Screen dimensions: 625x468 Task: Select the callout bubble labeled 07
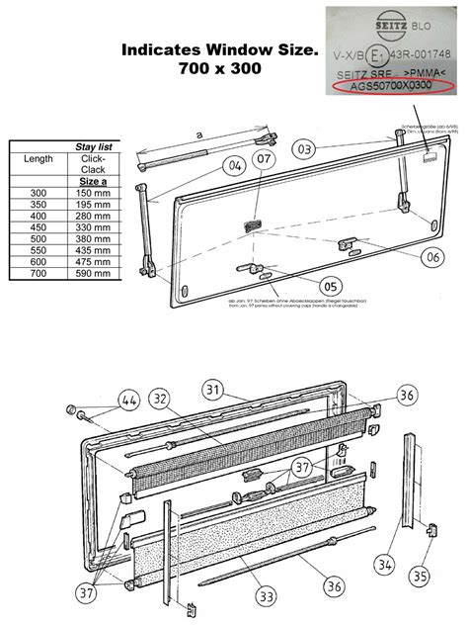pyautogui.click(x=265, y=159)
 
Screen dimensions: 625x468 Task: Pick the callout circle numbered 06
pyautogui.click(x=431, y=255)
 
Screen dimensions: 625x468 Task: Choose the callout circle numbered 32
pyautogui.click(x=160, y=398)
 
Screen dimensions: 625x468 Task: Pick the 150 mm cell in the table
pyautogui.click(x=93, y=192)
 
